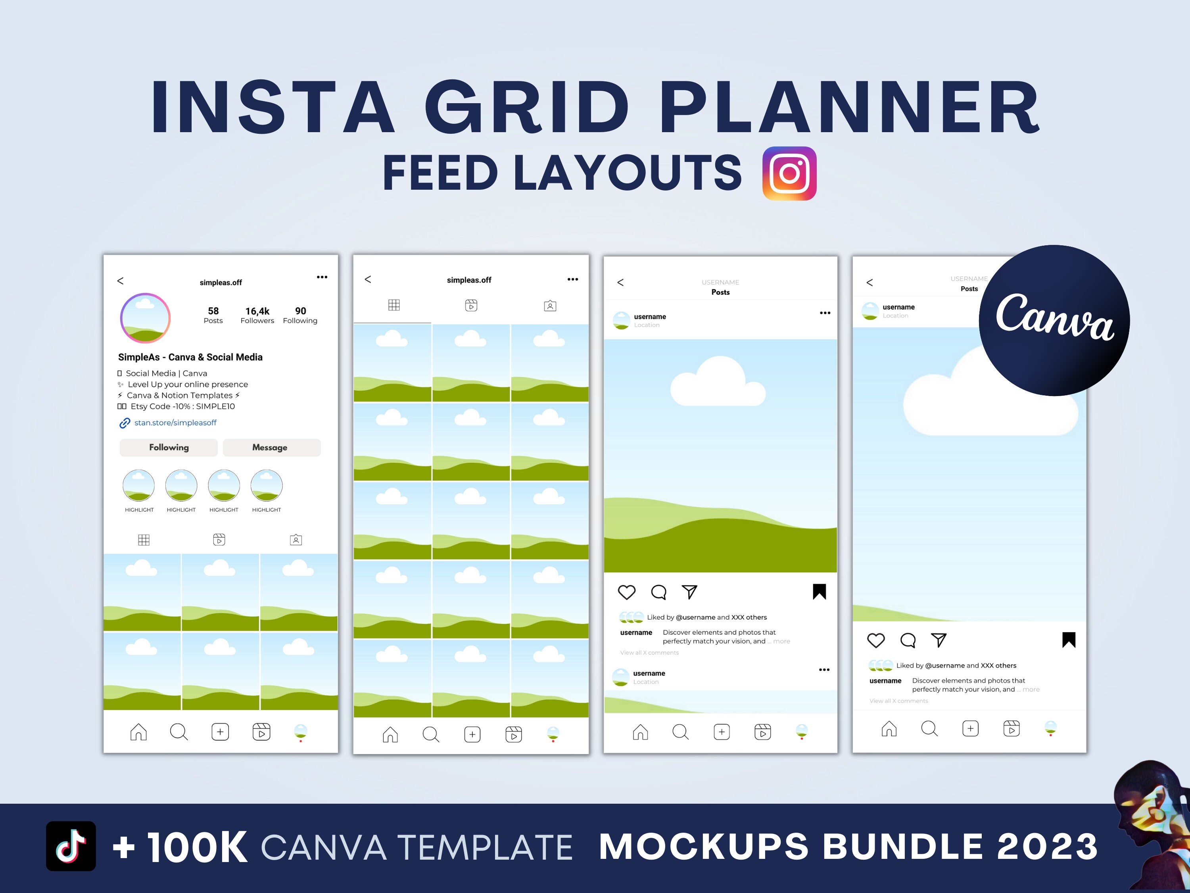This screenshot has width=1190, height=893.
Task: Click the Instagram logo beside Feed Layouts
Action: point(789,173)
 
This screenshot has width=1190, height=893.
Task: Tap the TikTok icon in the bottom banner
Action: point(71,846)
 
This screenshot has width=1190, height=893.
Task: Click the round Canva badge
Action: point(1054,321)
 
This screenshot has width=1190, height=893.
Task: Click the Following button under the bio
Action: point(169,447)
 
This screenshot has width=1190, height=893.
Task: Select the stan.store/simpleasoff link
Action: point(175,423)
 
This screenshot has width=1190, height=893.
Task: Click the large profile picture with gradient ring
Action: point(145,318)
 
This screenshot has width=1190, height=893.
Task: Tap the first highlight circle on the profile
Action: point(139,485)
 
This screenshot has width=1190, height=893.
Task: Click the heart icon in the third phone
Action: point(627,592)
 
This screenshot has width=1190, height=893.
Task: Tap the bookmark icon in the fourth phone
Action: point(1068,640)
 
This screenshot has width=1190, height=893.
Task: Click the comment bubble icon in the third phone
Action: point(658,592)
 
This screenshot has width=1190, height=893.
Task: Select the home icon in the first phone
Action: point(138,732)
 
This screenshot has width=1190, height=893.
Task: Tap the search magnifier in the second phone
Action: point(430,734)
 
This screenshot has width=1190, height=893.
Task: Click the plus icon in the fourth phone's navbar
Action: point(970,729)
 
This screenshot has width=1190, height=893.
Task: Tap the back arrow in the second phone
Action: point(368,279)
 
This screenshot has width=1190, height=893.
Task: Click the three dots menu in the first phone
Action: point(322,277)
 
